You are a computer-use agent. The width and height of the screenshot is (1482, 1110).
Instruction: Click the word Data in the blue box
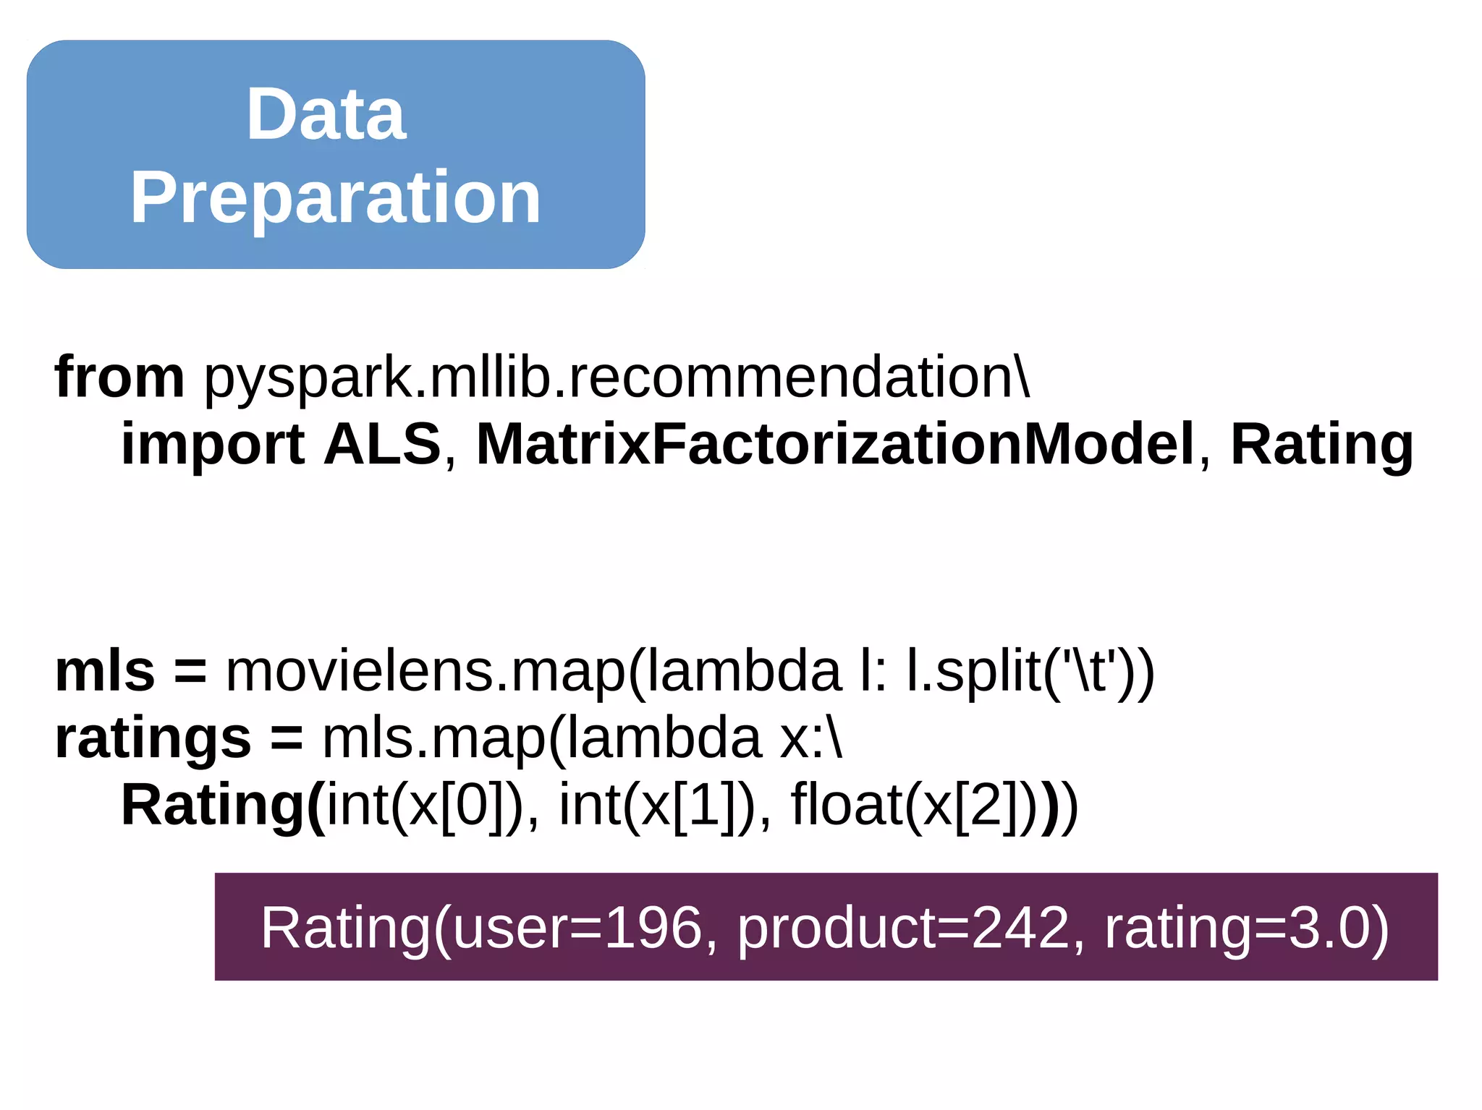click(326, 114)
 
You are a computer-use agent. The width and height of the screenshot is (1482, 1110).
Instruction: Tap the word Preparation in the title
click(335, 197)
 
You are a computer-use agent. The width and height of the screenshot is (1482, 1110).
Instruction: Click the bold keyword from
click(119, 377)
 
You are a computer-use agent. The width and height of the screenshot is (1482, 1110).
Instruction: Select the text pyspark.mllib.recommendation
click(615, 378)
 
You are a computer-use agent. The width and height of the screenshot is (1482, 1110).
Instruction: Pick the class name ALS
click(382, 443)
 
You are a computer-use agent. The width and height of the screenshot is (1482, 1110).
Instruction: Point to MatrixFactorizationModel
click(835, 443)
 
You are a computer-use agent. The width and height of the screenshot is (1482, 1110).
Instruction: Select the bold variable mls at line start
click(105, 671)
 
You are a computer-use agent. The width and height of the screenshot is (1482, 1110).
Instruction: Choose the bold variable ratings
click(153, 739)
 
